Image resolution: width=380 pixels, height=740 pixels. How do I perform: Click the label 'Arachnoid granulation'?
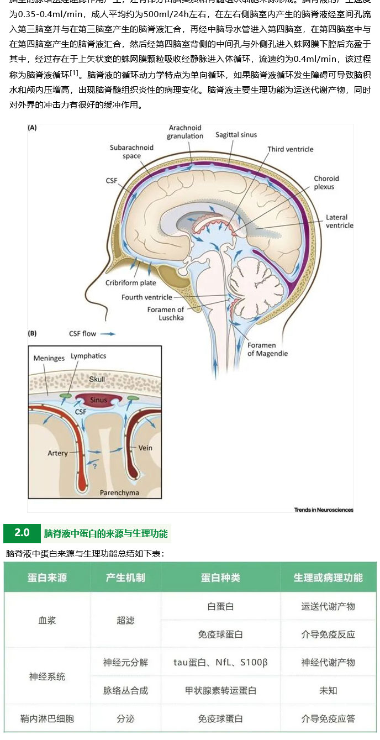(185, 132)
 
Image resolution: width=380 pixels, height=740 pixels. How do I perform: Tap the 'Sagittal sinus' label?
(236, 134)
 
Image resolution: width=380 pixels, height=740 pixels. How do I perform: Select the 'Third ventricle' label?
(290, 149)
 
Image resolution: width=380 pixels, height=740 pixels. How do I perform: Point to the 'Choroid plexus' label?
(326, 182)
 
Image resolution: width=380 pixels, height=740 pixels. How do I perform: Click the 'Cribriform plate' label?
(131, 284)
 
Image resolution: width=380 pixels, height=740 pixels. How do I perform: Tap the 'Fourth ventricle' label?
(147, 297)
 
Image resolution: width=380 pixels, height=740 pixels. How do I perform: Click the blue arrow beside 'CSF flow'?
(108, 334)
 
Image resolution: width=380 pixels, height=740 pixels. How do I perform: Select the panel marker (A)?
(33, 128)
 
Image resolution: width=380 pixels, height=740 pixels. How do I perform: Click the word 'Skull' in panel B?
(97, 379)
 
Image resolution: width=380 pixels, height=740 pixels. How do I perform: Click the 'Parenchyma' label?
(119, 492)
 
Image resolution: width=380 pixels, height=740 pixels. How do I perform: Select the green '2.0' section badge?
(22, 533)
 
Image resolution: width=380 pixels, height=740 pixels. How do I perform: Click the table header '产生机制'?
(125, 578)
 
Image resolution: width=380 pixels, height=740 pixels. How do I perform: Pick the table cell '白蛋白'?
(220, 606)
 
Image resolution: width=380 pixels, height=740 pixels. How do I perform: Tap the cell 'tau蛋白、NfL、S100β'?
(220, 662)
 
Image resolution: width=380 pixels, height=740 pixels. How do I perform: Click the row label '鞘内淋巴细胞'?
(47, 718)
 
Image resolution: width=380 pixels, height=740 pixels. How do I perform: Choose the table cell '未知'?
(328, 690)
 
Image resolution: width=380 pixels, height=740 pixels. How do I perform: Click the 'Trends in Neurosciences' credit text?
(324, 510)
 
